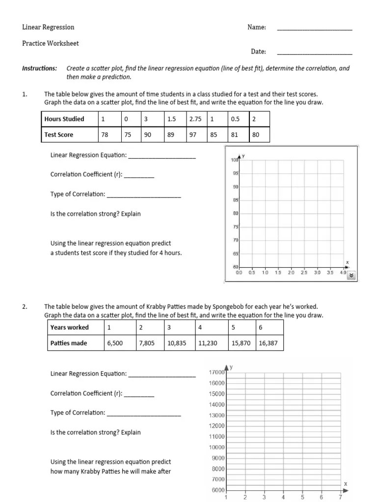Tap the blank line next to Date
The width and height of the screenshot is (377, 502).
[315, 53]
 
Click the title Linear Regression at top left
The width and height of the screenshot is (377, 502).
[48, 27]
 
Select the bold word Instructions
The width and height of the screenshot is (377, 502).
[39, 68]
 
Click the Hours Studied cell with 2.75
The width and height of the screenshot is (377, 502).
[196, 119]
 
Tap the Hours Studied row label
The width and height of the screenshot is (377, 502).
[64, 119]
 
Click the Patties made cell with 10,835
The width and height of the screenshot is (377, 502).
[177, 343]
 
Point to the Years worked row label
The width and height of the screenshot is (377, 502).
[69, 327]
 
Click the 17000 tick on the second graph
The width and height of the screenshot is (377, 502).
[216, 373]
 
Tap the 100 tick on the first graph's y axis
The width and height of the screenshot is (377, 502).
[234, 160]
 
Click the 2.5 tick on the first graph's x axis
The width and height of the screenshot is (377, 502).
[304, 272]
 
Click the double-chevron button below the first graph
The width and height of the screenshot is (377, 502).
[351, 276]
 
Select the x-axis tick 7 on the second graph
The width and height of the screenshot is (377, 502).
[340, 497]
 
